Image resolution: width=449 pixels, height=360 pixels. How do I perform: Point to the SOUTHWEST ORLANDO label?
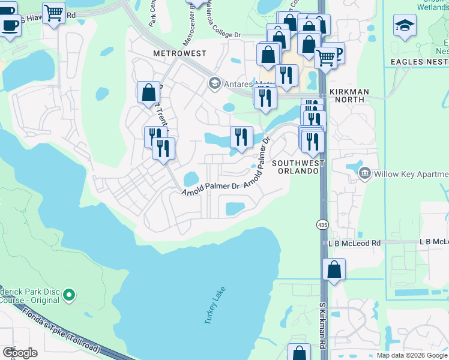(x=298, y=167)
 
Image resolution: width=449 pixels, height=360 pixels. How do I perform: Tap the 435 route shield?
(x=322, y=224)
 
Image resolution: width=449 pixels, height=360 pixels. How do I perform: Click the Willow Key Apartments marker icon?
(x=364, y=174)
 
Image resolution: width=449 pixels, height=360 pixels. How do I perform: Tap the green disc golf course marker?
(x=69, y=295)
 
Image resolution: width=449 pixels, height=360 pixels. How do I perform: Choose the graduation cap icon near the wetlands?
(x=405, y=25)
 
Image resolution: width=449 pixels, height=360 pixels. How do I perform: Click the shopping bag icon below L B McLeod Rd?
(x=334, y=269)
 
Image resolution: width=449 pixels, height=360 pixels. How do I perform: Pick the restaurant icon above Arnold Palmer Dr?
(x=241, y=137)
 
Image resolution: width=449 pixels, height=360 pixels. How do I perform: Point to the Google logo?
(x=20, y=352)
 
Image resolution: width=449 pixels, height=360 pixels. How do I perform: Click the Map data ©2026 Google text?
(x=412, y=355)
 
